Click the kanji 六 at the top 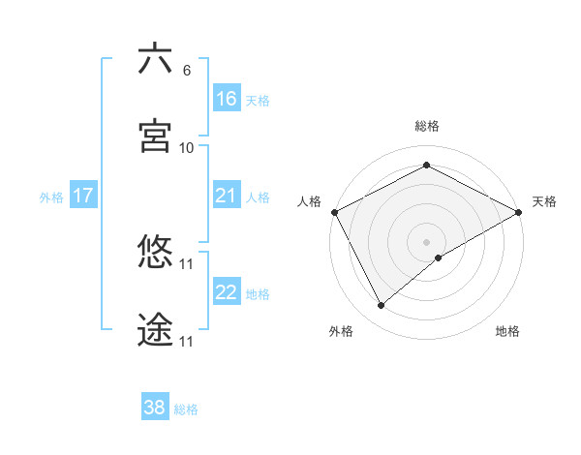coord(155,59)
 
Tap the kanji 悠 coord(155,253)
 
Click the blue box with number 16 coord(227,99)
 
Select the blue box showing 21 coord(227,197)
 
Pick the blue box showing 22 coord(227,292)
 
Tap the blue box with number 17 coord(83,197)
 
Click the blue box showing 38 coord(155,408)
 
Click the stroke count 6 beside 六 coord(187,71)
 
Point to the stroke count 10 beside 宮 coord(187,148)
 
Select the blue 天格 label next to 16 coord(258,100)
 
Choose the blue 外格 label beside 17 coord(51,197)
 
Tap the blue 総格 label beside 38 coord(186,409)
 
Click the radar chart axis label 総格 coord(426,126)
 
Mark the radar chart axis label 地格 coord(507,332)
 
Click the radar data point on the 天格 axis coord(519,212)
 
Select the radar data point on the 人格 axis coord(333,211)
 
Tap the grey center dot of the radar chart coord(426,241)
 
